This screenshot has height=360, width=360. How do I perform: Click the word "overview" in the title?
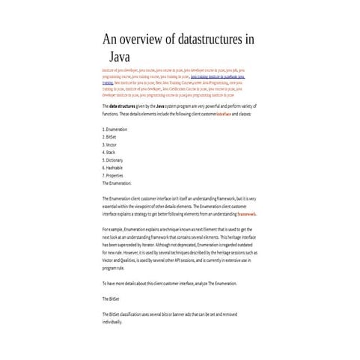click(x=144, y=40)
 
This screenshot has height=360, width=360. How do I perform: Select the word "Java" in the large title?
click(x=120, y=56)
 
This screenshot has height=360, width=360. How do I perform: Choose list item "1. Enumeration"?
click(x=115, y=129)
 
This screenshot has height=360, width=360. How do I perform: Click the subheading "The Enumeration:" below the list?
click(x=116, y=183)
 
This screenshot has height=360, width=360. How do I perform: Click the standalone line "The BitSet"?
click(x=111, y=299)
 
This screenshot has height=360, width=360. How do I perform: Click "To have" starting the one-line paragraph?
click(x=108, y=284)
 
